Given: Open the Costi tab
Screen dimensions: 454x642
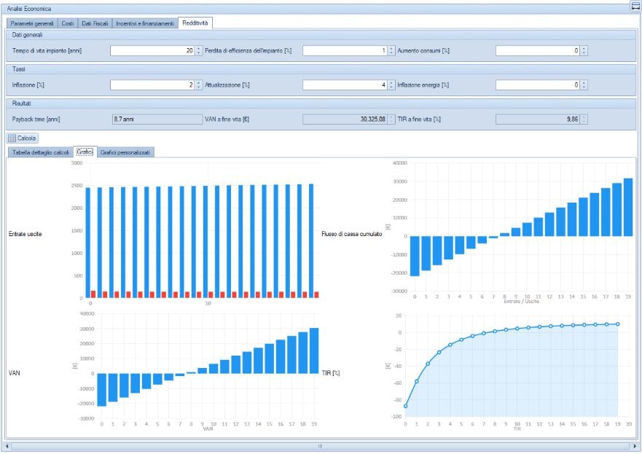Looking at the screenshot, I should click(x=67, y=23).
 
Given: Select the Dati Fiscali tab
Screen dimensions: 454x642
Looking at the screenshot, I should click(x=95, y=23).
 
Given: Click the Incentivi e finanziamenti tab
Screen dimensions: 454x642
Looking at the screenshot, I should click(x=145, y=23).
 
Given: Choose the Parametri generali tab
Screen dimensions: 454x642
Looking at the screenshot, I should click(x=32, y=23).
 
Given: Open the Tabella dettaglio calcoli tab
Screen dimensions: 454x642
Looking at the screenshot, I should click(x=41, y=152).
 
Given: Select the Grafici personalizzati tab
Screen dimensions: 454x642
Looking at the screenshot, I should click(x=126, y=152).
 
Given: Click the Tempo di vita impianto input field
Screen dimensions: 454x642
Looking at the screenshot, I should click(x=152, y=51).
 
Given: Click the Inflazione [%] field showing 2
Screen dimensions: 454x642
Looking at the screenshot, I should click(x=152, y=85).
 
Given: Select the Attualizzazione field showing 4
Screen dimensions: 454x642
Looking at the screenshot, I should click(x=345, y=85).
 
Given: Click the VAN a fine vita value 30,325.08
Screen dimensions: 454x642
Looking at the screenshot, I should click(x=345, y=119).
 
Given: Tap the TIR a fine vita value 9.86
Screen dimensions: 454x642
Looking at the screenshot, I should click(x=538, y=119).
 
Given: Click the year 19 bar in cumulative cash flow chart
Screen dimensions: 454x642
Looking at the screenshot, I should click(x=628, y=207).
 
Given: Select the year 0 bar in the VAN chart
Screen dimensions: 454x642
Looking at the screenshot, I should click(x=102, y=389).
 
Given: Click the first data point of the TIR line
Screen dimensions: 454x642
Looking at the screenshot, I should click(x=405, y=406).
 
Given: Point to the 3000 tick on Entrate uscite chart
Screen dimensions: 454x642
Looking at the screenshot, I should click(x=77, y=163).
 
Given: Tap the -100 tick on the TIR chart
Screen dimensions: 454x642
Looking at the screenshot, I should click(x=397, y=417).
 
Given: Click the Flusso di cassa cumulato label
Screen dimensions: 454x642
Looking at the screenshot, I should click(x=351, y=234).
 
